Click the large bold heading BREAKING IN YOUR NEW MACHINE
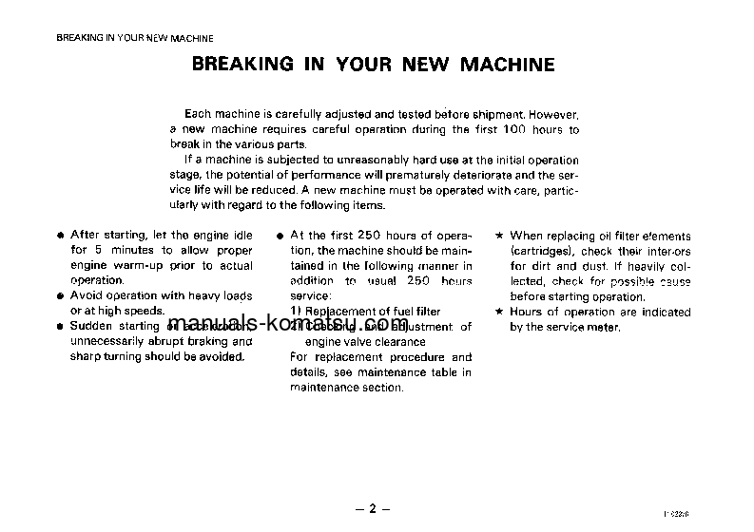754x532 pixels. point(373,65)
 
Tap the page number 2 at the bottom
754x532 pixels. point(373,509)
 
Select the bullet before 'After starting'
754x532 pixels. point(60,236)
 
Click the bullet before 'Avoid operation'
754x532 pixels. point(60,296)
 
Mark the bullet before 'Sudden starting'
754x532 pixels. point(60,326)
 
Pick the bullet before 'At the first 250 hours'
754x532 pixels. point(279,236)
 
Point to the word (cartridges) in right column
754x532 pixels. point(540,251)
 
